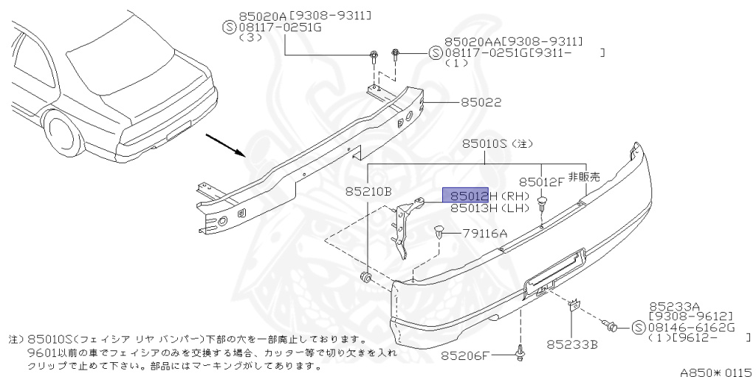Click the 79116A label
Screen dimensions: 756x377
click(x=485, y=234)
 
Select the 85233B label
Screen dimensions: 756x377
click(x=571, y=344)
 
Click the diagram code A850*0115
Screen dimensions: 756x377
click(x=712, y=367)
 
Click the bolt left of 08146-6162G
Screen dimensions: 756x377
click(x=611, y=324)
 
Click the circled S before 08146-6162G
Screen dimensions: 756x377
click(x=639, y=326)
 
